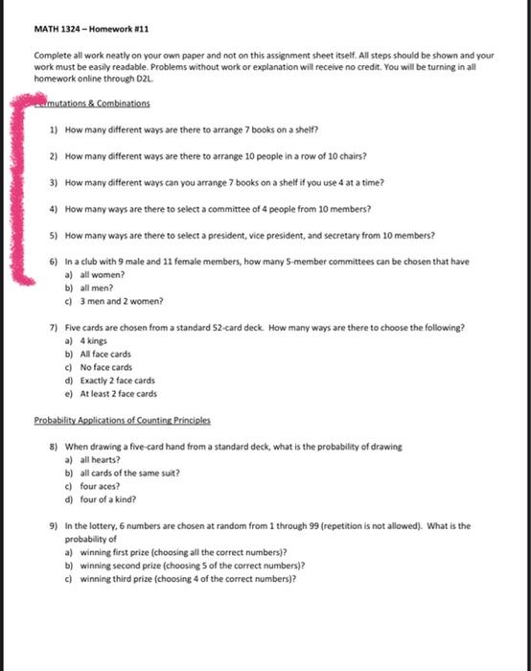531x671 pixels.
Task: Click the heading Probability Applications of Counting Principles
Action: (122, 420)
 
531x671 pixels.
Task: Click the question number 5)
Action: (53, 235)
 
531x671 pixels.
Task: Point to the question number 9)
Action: (53, 526)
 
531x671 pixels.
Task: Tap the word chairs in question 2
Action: (351, 155)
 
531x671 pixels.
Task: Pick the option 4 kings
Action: (93, 340)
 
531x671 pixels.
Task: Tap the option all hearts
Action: (99, 459)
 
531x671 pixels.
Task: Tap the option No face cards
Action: (106, 367)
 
